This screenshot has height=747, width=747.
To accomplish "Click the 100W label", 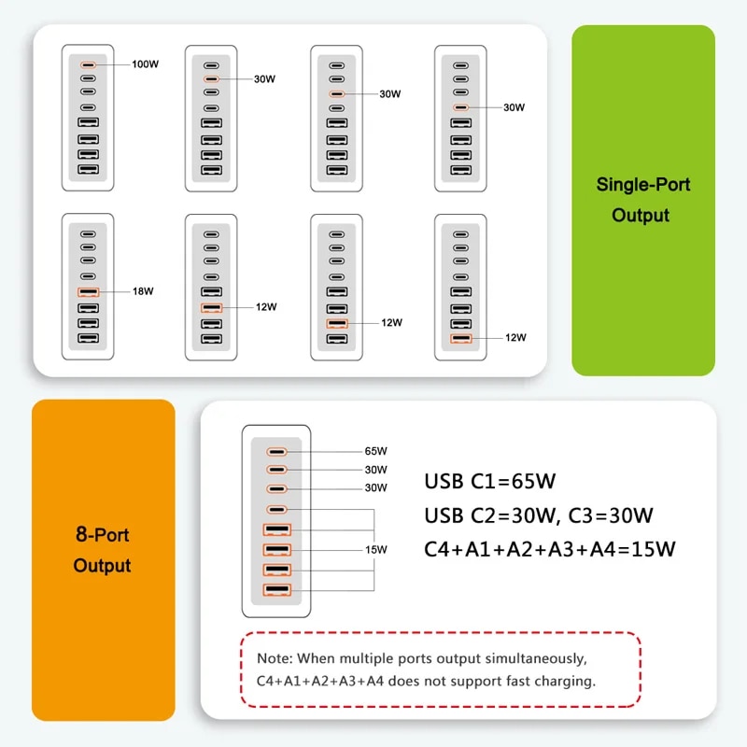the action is [146, 63].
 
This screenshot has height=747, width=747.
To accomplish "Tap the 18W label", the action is [143, 291].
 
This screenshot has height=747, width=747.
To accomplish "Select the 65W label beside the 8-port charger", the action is [376, 451].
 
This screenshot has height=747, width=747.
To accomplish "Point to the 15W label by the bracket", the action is [376, 549].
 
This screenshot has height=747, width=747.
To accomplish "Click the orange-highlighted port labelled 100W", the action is [88, 64].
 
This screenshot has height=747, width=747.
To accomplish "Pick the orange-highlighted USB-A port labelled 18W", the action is [88, 292].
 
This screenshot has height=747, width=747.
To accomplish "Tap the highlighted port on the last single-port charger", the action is [460, 339].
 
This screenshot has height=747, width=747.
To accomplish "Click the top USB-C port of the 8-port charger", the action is [276, 452].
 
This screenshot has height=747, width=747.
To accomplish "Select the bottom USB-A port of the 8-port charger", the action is [276, 590].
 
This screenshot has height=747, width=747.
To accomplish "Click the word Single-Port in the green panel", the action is [643, 184].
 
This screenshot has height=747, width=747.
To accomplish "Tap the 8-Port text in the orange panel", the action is [103, 534].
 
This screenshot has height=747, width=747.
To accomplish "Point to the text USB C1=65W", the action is [489, 481].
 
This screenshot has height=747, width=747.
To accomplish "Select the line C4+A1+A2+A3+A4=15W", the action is [550, 549].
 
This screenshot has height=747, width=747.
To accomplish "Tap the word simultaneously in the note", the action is [536, 659].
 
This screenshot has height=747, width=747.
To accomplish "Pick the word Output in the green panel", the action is [641, 216].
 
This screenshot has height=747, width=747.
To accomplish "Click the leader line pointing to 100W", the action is [113, 64].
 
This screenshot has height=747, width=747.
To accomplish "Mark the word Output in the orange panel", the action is [102, 566].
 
